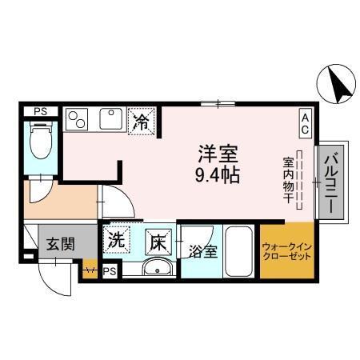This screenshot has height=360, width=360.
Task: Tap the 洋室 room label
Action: (x=216, y=152)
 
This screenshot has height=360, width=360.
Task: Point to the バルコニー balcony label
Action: (x=331, y=182)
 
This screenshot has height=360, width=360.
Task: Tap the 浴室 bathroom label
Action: (x=202, y=252)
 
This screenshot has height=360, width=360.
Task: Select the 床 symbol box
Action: (x=158, y=238)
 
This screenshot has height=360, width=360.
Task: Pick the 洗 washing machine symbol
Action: (x=118, y=238)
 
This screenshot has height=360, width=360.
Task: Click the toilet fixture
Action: (x=38, y=141)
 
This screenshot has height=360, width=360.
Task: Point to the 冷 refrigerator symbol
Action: (x=142, y=122)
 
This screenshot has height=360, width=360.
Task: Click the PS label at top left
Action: (x=38, y=112)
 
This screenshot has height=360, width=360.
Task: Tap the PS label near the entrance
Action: (x=110, y=272)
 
